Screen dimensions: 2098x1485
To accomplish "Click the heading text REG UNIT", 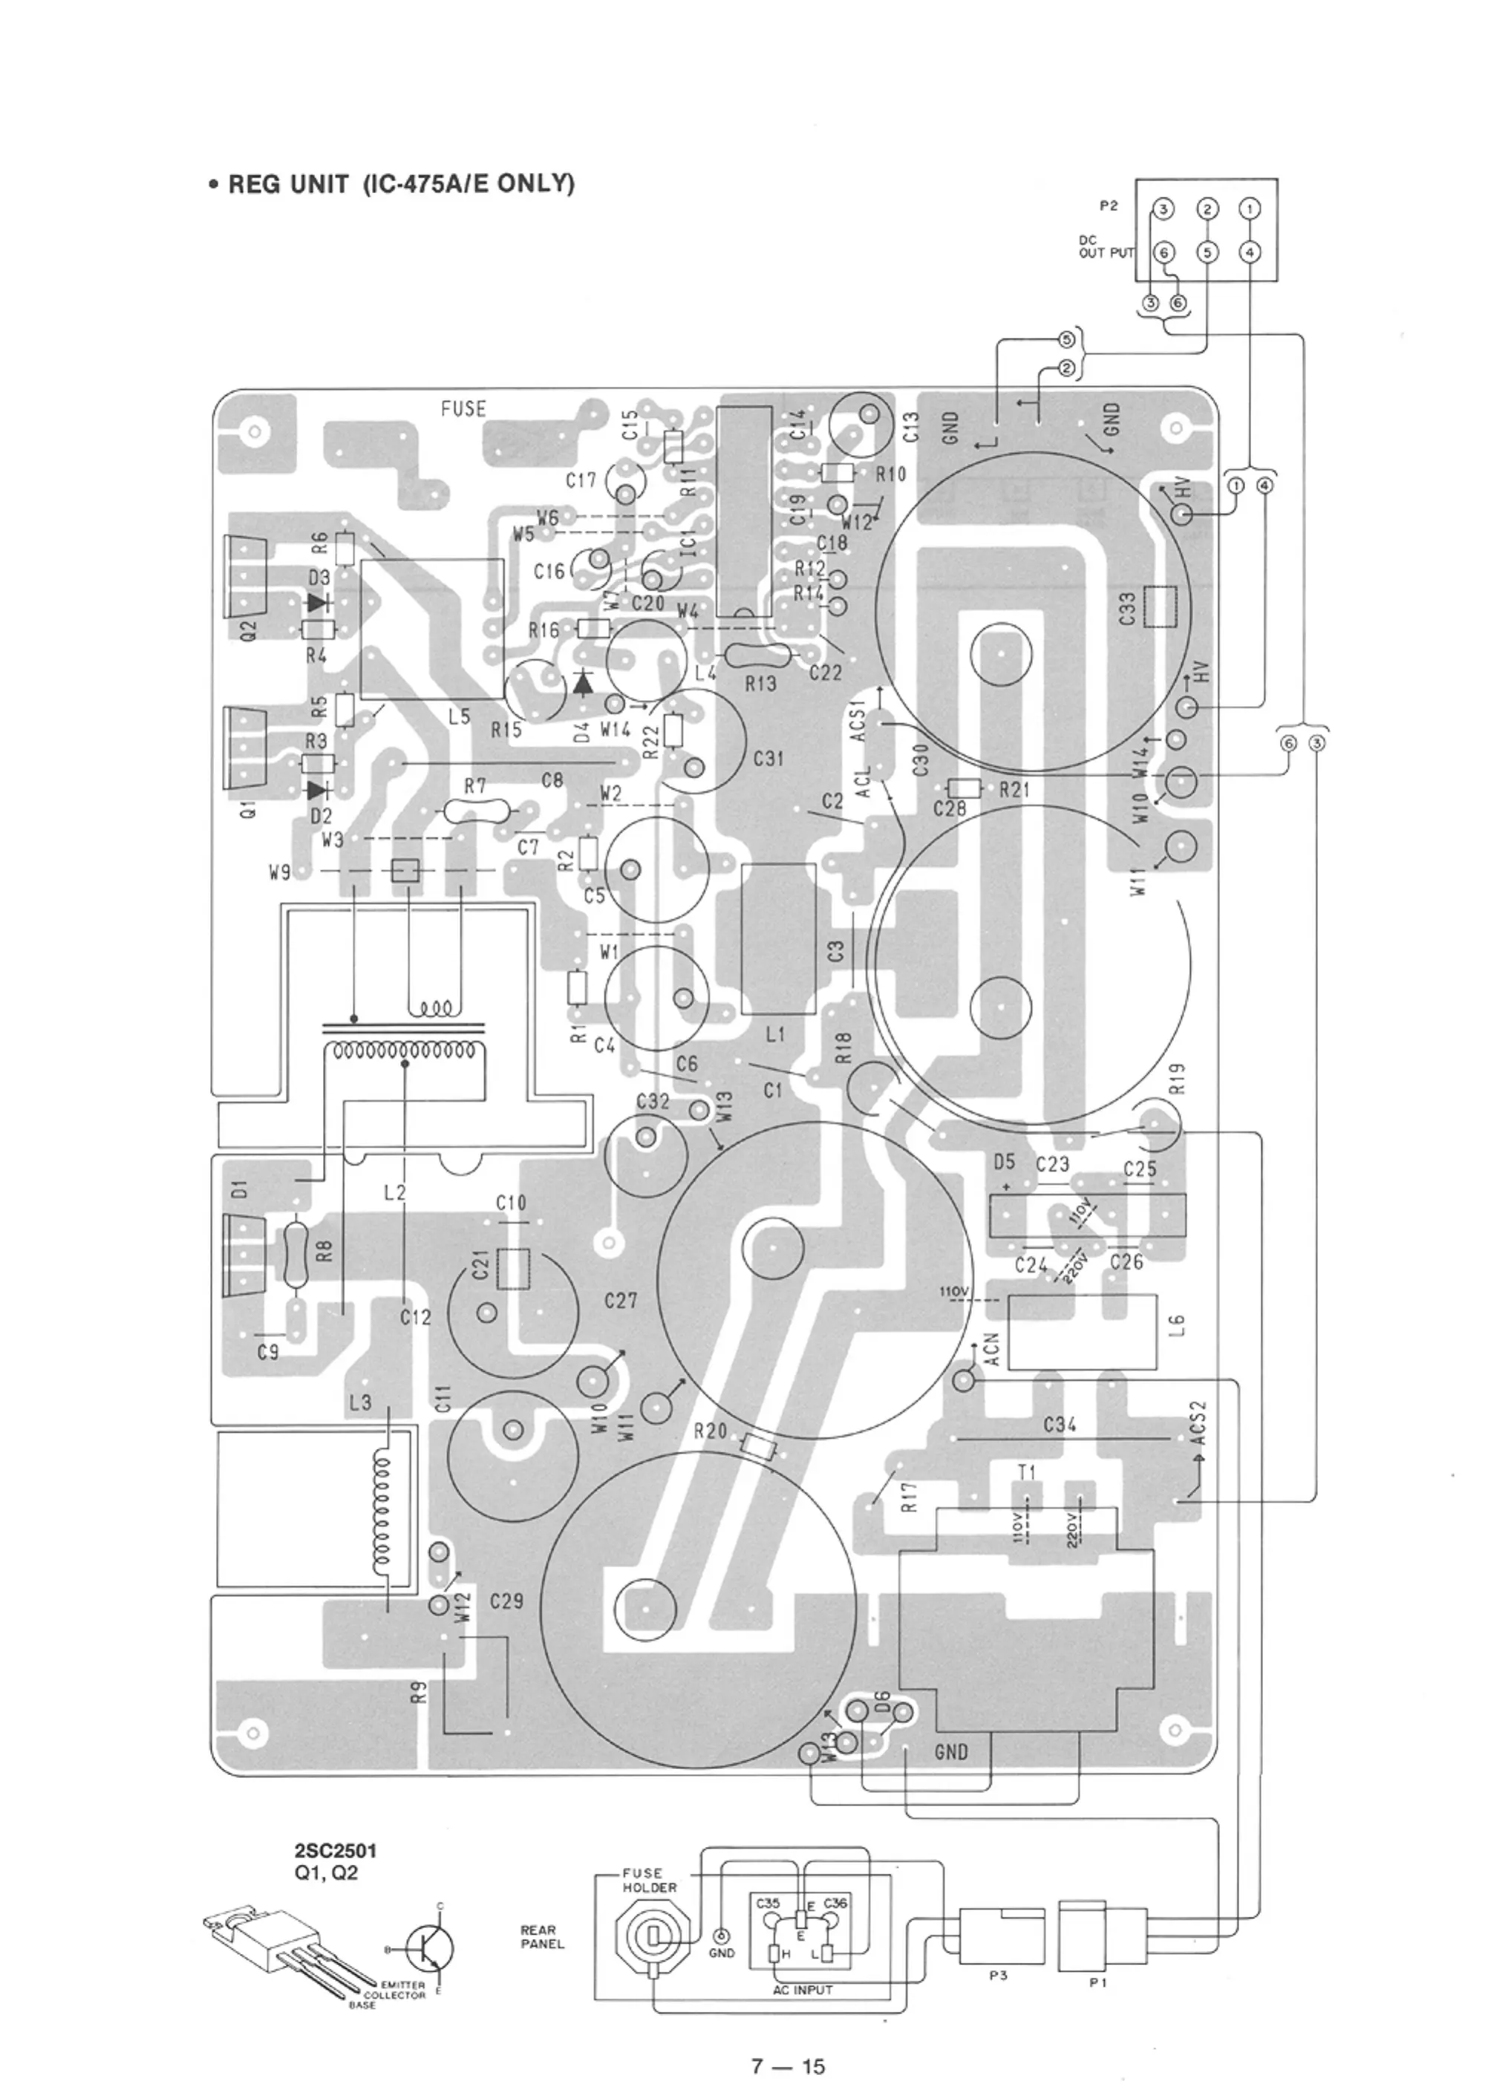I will [x=287, y=184].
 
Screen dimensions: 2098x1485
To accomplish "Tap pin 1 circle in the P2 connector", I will [x=1249, y=209].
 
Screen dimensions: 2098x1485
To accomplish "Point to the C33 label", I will [x=1126, y=609].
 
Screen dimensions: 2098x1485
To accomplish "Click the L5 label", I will [x=459, y=716].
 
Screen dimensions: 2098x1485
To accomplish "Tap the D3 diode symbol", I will [x=319, y=602].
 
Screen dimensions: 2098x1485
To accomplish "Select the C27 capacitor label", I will [x=621, y=1299].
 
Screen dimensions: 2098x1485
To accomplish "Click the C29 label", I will [x=506, y=1600].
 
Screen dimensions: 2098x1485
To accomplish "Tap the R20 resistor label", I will [x=711, y=1431].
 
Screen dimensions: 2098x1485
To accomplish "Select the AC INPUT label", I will [x=802, y=1989].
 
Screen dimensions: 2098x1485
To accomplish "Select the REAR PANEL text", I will [x=542, y=1936].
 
